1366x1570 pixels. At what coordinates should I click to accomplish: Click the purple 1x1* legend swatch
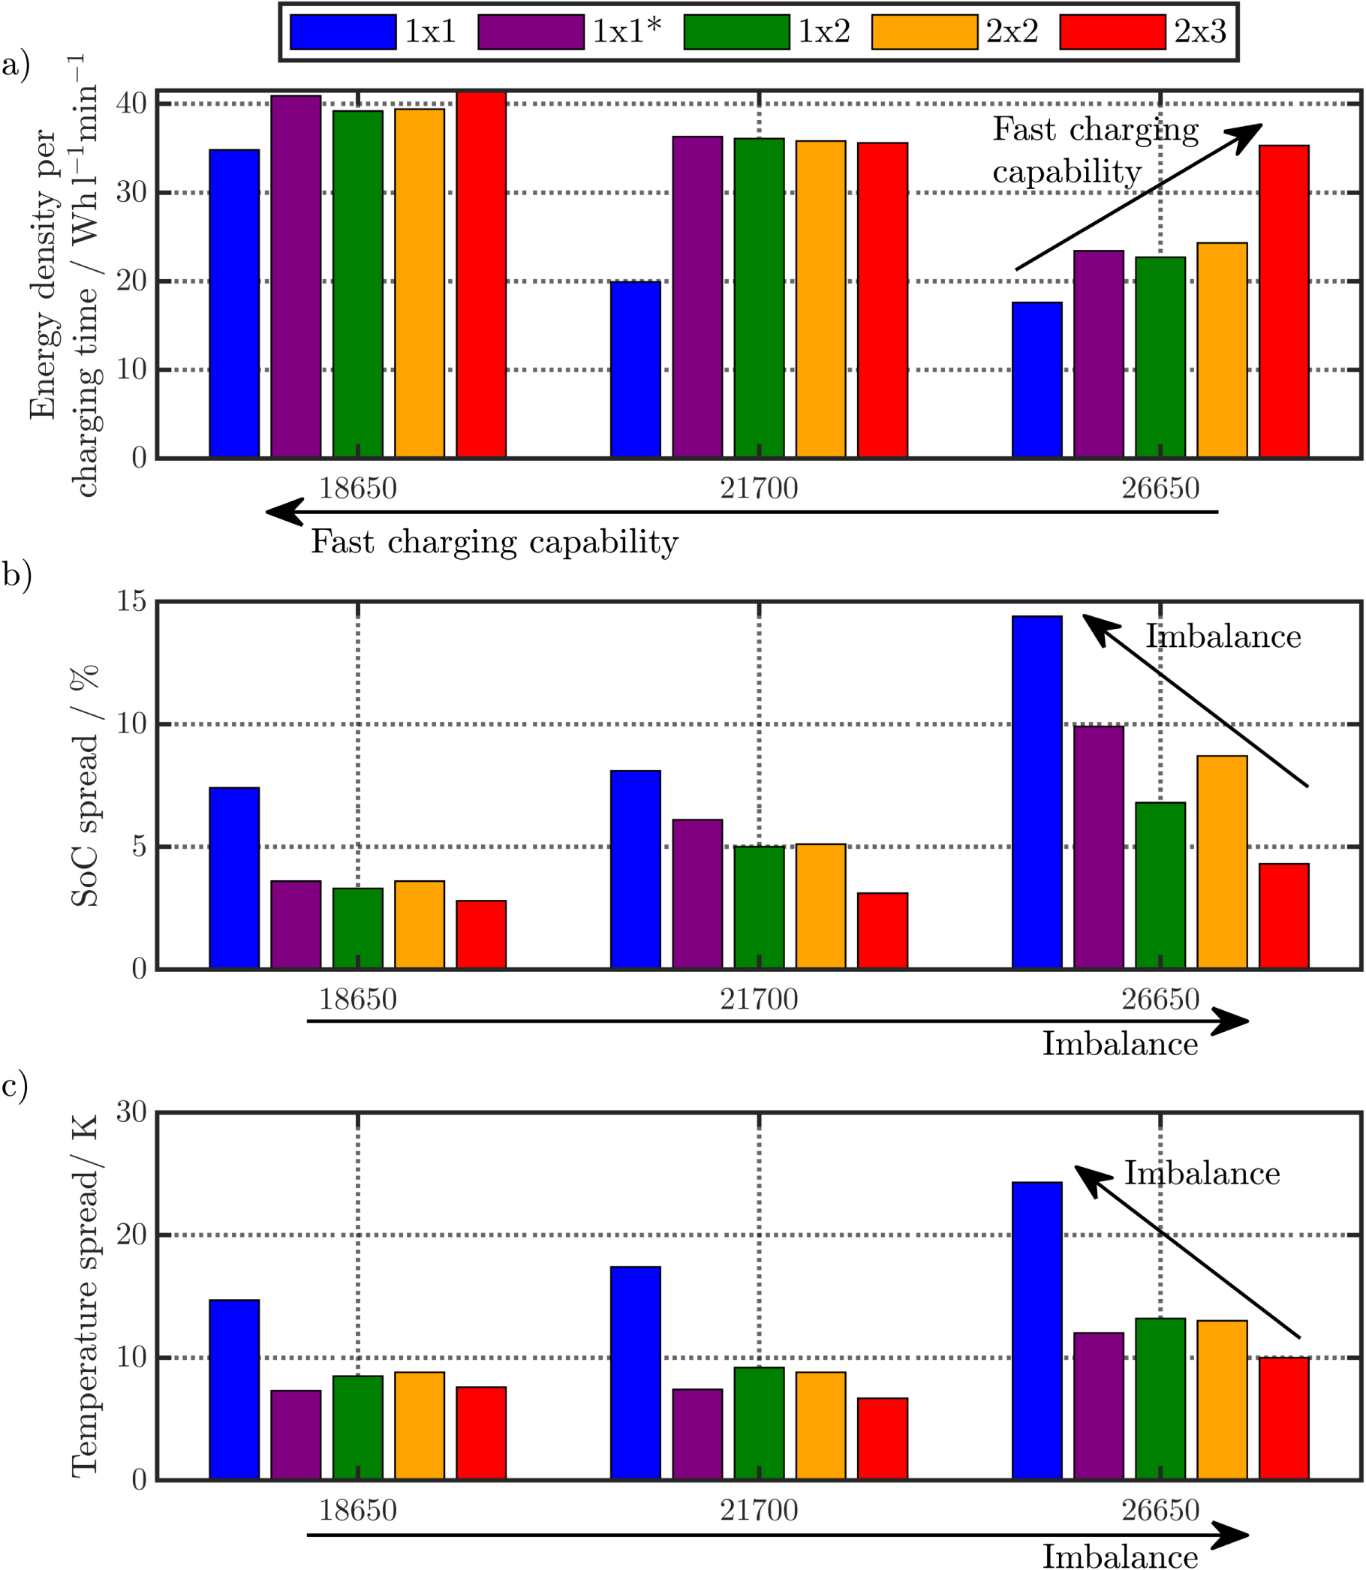click(531, 32)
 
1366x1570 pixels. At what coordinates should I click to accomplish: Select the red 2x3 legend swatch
click(1112, 32)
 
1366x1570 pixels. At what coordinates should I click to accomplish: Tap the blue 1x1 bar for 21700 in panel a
click(635, 370)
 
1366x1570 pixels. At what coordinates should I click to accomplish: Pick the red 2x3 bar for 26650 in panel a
click(1283, 301)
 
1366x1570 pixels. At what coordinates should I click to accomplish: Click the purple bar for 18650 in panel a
click(296, 276)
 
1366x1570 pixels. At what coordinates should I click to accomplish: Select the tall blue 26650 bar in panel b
click(1037, 793)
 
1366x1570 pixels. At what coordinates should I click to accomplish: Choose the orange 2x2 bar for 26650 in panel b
click(1222, 862)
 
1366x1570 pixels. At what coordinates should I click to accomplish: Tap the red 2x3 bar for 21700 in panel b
click(882, 931)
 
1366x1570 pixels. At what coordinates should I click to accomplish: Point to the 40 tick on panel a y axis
click(131, 104)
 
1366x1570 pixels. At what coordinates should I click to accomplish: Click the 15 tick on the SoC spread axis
click(131, 601)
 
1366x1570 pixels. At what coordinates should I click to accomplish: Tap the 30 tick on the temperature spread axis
click(131, 1112)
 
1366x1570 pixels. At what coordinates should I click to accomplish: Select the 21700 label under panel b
click(759, 999)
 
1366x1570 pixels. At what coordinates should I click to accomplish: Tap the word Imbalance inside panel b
click(1223, 636)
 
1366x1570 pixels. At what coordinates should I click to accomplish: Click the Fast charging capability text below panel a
click(494, 543)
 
